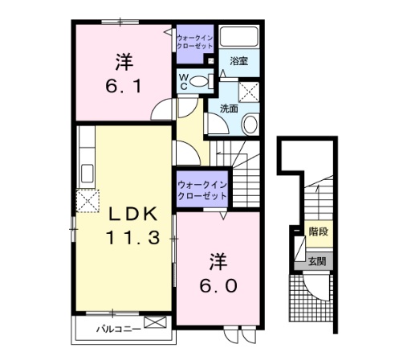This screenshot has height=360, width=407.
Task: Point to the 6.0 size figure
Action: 219,284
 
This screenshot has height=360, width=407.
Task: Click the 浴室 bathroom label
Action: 238,60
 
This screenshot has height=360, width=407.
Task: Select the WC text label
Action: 183,80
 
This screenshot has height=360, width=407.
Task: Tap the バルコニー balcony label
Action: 118,327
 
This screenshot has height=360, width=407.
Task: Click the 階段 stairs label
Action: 319,232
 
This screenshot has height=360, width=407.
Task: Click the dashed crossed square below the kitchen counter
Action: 87,199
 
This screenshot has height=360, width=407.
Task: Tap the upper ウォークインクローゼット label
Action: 195,41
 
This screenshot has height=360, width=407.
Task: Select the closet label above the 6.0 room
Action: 204,190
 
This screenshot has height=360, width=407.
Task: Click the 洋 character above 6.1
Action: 122,60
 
